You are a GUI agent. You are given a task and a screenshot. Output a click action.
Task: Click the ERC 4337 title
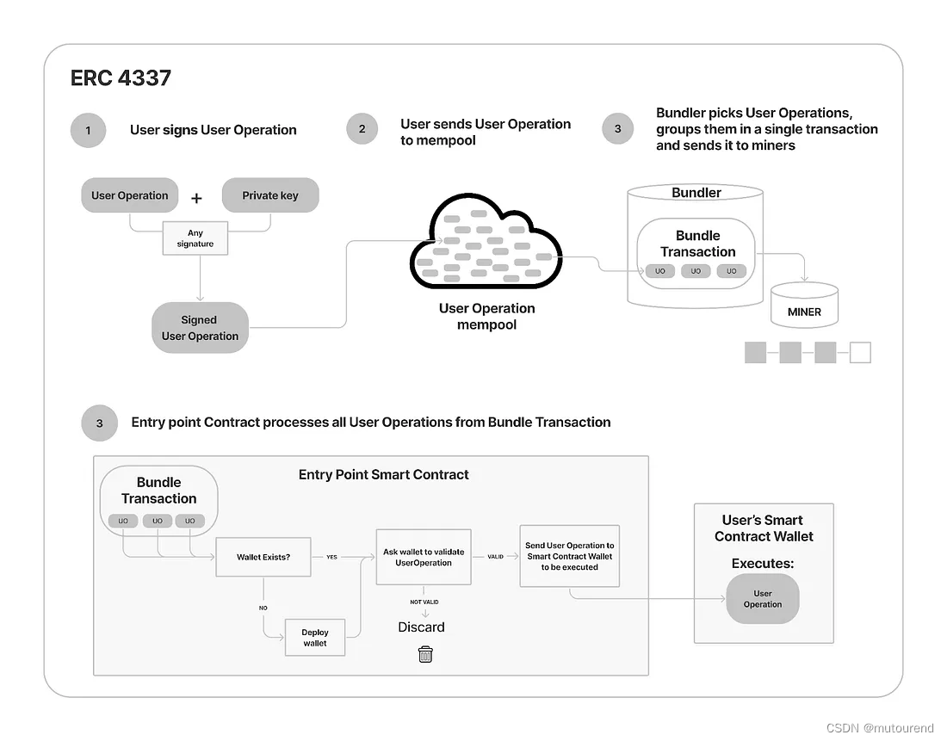click(x=121, y=77)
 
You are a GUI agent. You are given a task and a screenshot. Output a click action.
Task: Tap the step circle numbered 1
click(x=88, y=131)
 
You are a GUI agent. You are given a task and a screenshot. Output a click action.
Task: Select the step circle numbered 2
click(x=362, y=129)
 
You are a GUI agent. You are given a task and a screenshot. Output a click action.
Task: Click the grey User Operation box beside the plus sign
click(x=130, y=195)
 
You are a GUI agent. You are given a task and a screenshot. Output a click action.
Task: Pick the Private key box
click(x=270, y=195)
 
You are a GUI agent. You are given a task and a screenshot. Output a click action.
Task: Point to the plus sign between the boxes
click(x=196, y=198)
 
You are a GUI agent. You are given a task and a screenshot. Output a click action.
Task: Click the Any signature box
click(x=195, y=238)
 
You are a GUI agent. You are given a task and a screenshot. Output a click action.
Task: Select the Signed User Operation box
click(x=200, y=328)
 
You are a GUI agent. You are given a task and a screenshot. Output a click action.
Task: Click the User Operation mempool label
click(x=486, y=316)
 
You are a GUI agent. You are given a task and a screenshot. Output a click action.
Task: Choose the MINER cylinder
click(x=804, y=306)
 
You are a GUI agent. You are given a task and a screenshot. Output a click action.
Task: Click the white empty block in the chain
click(x=859, y=352)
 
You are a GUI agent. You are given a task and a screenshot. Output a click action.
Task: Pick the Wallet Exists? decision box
click(x=263, y=557)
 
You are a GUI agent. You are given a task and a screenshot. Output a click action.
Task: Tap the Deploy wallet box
click(x=315, y=638)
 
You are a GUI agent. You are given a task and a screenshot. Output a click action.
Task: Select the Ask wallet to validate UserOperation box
click(x=424, y=557)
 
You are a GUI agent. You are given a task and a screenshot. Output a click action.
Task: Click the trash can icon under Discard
click(x=425, y=654)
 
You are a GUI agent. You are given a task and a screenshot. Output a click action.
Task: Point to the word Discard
click(x=421, y=627)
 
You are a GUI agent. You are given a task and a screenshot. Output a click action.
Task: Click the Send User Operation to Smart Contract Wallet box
click(x=569, y=556)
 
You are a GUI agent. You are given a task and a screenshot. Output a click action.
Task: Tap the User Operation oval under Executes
click(x=763, y=599)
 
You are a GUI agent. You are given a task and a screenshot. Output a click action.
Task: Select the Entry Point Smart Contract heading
click(x=383, y=474)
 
